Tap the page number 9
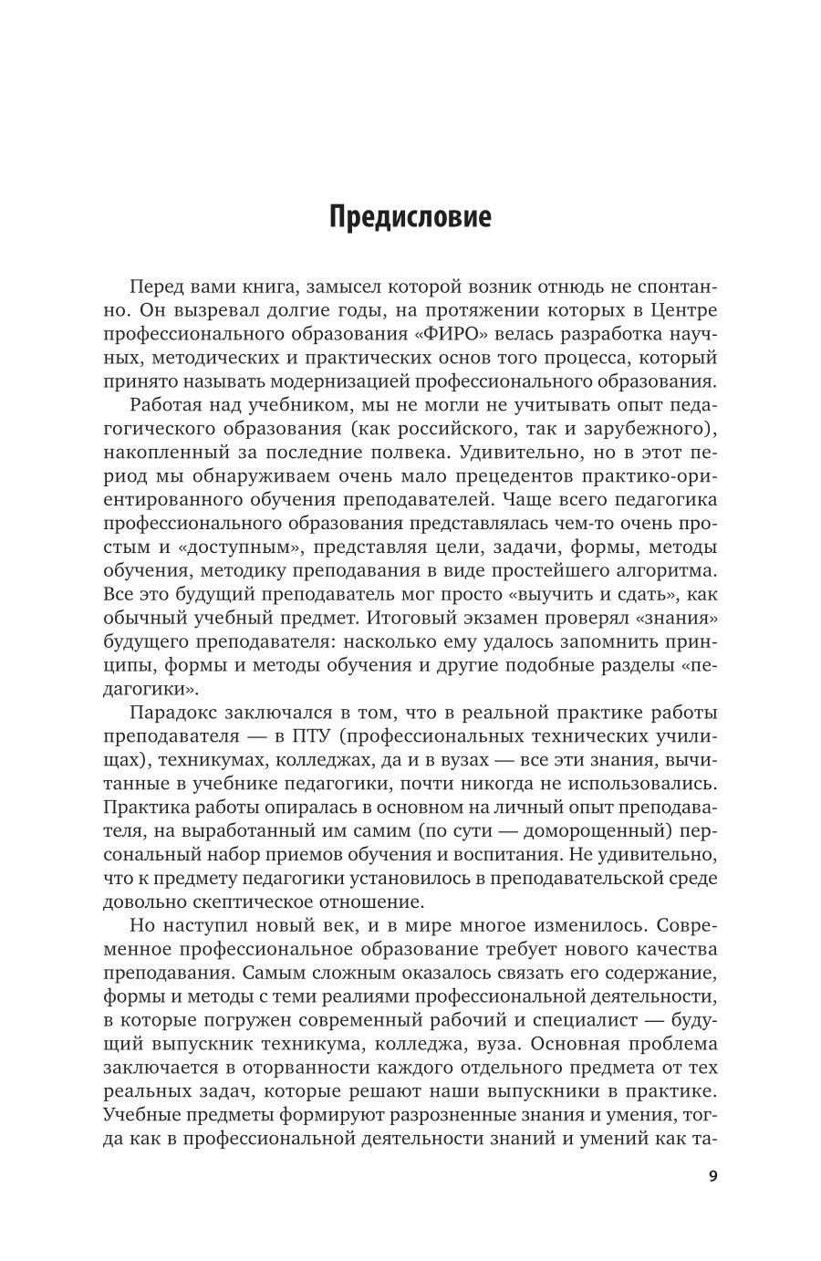point(712,1175)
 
